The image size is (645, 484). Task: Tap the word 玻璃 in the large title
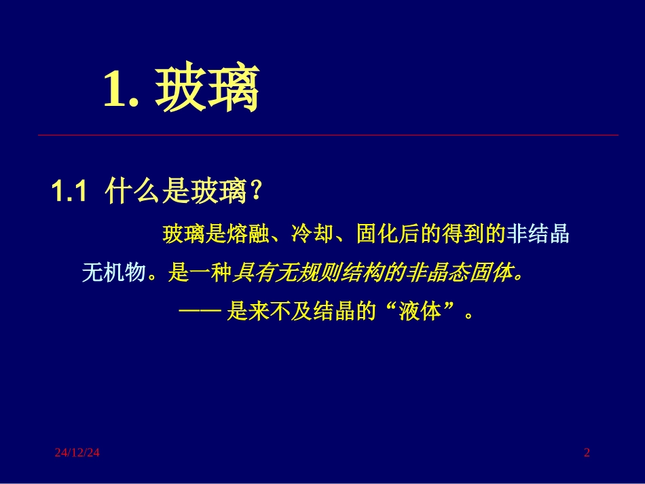coord(207,91)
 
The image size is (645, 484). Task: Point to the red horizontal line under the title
coord(328,135)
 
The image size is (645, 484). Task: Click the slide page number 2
coord(587,453)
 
